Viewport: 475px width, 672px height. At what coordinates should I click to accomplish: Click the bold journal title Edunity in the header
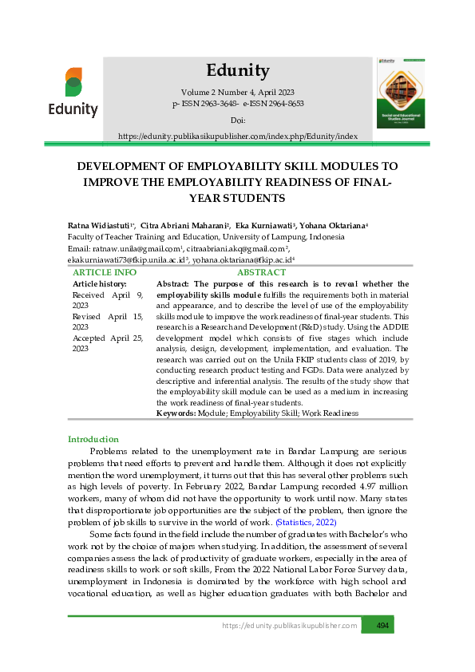pos(237,69)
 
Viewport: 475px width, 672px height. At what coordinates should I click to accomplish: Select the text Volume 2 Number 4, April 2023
pos(237,93)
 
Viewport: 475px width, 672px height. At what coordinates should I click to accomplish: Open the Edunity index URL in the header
pos(237,136)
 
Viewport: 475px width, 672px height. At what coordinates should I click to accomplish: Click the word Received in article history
pos(89,294)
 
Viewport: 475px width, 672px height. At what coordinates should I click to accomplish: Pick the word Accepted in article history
pos(89,338)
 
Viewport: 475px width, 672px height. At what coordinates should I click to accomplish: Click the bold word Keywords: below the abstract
pos(176,413)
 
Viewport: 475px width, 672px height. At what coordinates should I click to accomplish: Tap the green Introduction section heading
pos(93,439)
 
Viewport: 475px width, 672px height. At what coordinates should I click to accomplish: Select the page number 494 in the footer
pos(382,625)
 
